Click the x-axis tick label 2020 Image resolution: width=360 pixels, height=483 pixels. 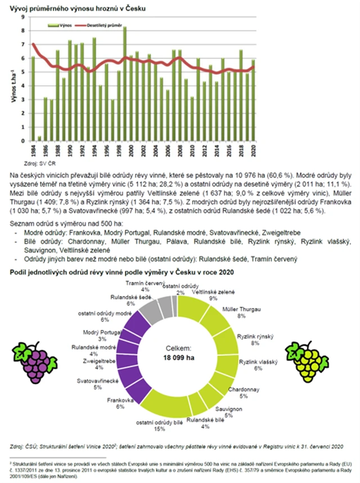point(254,150)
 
